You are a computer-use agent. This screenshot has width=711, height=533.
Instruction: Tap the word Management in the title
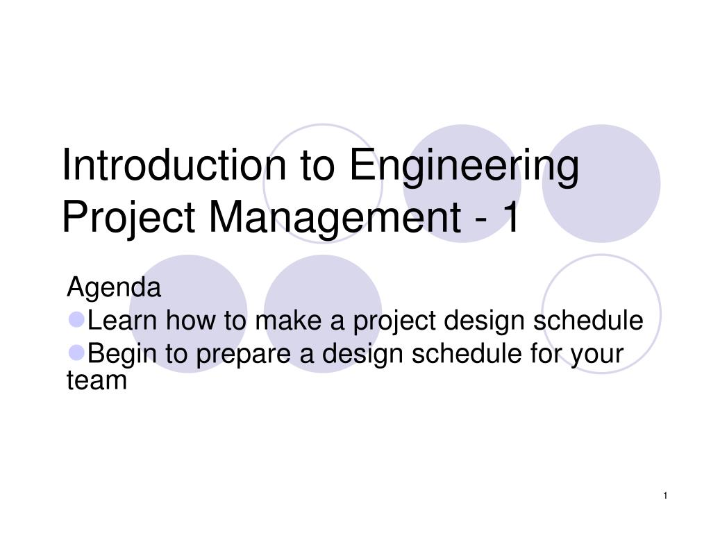tap(335, 219)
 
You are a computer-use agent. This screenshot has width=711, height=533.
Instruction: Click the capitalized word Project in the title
tap(128, 219)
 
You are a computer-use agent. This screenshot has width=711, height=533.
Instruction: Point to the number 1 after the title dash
tap(512, 217)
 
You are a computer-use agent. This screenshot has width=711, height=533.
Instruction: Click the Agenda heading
tap(114, 287)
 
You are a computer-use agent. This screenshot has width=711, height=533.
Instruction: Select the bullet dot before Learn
tap(76, 319)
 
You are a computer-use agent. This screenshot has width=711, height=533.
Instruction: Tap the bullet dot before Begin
tap(76, 353)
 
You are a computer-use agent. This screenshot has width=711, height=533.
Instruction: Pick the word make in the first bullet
tap(288, 320)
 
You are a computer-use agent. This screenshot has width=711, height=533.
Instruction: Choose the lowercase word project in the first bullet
tap(394, 323)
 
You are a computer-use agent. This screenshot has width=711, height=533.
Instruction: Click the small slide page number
tap(665, 496)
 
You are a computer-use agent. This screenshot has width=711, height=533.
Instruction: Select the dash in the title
tap(482, 221)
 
